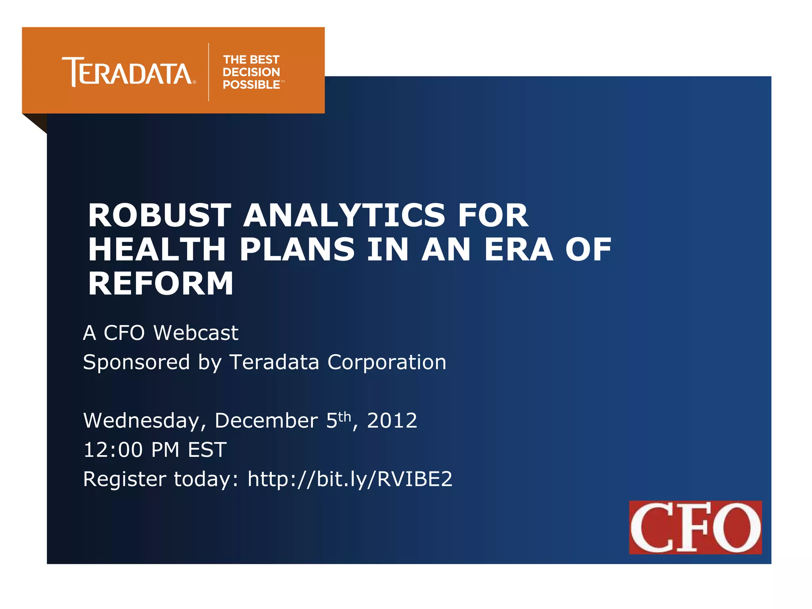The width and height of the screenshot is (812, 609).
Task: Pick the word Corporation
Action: point(387,362)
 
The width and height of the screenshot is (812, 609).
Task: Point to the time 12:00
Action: point(113,450)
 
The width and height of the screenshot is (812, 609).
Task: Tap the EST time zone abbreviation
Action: point(207,450)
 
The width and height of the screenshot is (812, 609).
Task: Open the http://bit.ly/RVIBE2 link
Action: point(350,479)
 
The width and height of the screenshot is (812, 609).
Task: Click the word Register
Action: point(124,479)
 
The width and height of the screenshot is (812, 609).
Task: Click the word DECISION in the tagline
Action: point(251,72)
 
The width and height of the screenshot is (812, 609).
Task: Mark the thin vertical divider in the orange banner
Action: point(209,72)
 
